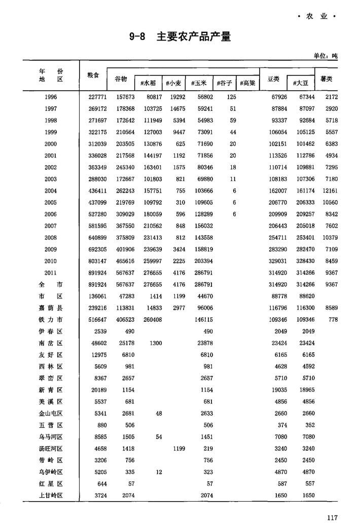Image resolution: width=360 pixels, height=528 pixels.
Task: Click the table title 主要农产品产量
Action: [x=193, y=36]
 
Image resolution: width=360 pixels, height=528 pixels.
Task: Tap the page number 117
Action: [x=332, y=517]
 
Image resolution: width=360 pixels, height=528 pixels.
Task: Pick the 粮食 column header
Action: [x=93, y=74]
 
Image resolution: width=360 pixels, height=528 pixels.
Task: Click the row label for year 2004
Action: [x=51, y=191]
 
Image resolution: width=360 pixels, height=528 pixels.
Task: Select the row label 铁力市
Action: [x=51, y=319]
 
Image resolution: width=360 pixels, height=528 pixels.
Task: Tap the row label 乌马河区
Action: [x=51, y=436]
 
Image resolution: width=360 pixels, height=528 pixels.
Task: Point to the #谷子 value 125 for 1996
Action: [x=231, y=97]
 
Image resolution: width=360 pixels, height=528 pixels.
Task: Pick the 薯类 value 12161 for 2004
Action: [x=330, y=191]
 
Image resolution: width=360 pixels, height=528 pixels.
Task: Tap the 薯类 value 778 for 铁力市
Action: [x=333, y=319]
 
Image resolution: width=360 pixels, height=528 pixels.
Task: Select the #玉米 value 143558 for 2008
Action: [x=202, y=237]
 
